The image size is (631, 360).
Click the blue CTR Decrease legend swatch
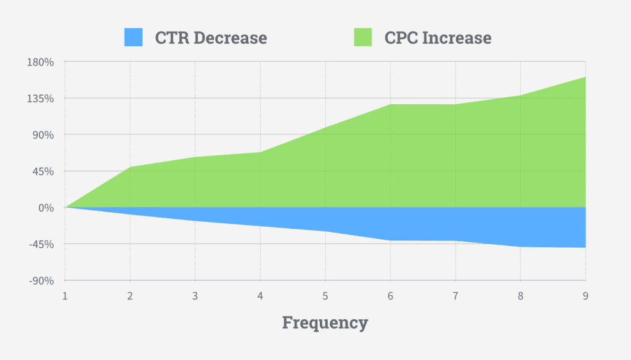coord(133,38)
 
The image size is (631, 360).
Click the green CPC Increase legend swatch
coord(363,38)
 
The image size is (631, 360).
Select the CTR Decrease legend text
coord(211,38)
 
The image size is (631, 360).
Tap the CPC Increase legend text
coord(438,38)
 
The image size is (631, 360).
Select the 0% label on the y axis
coord(47,208)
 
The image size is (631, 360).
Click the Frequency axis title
coord(325,322)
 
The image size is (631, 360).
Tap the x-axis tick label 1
coord(65,296)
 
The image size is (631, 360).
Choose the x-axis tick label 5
coord(325,296)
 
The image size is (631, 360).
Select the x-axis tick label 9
coord(585,296)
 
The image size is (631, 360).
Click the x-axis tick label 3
coord(195,296)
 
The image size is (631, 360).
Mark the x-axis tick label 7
coord(455,296)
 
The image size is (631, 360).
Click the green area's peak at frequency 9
coord(585,77)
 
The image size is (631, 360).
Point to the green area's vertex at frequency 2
coord(130,167)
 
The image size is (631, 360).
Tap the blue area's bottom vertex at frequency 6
coord(390,240)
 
